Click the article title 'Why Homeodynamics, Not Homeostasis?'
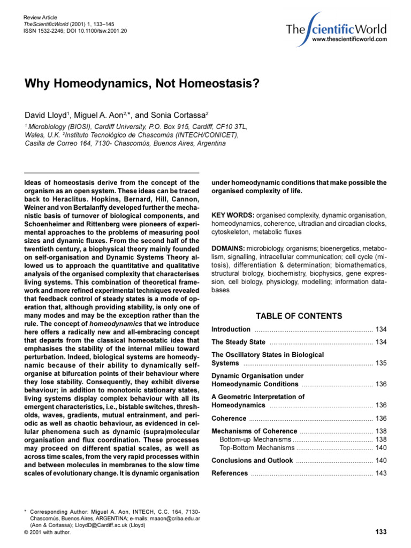[x=141, y=84]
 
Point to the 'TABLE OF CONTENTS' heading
[x=299, y=316]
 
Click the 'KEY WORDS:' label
[x=233, y=215]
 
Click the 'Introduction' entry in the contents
[x=231, y=329]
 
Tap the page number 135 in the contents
[x=380, y=363]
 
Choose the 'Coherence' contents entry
[x=229, y=418]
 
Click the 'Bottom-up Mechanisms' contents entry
[x=256, y=439]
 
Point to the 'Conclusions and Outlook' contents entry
[x=252, y=461]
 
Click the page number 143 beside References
[x=380, y=474]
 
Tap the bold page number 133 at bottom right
[x=380, y=531]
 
